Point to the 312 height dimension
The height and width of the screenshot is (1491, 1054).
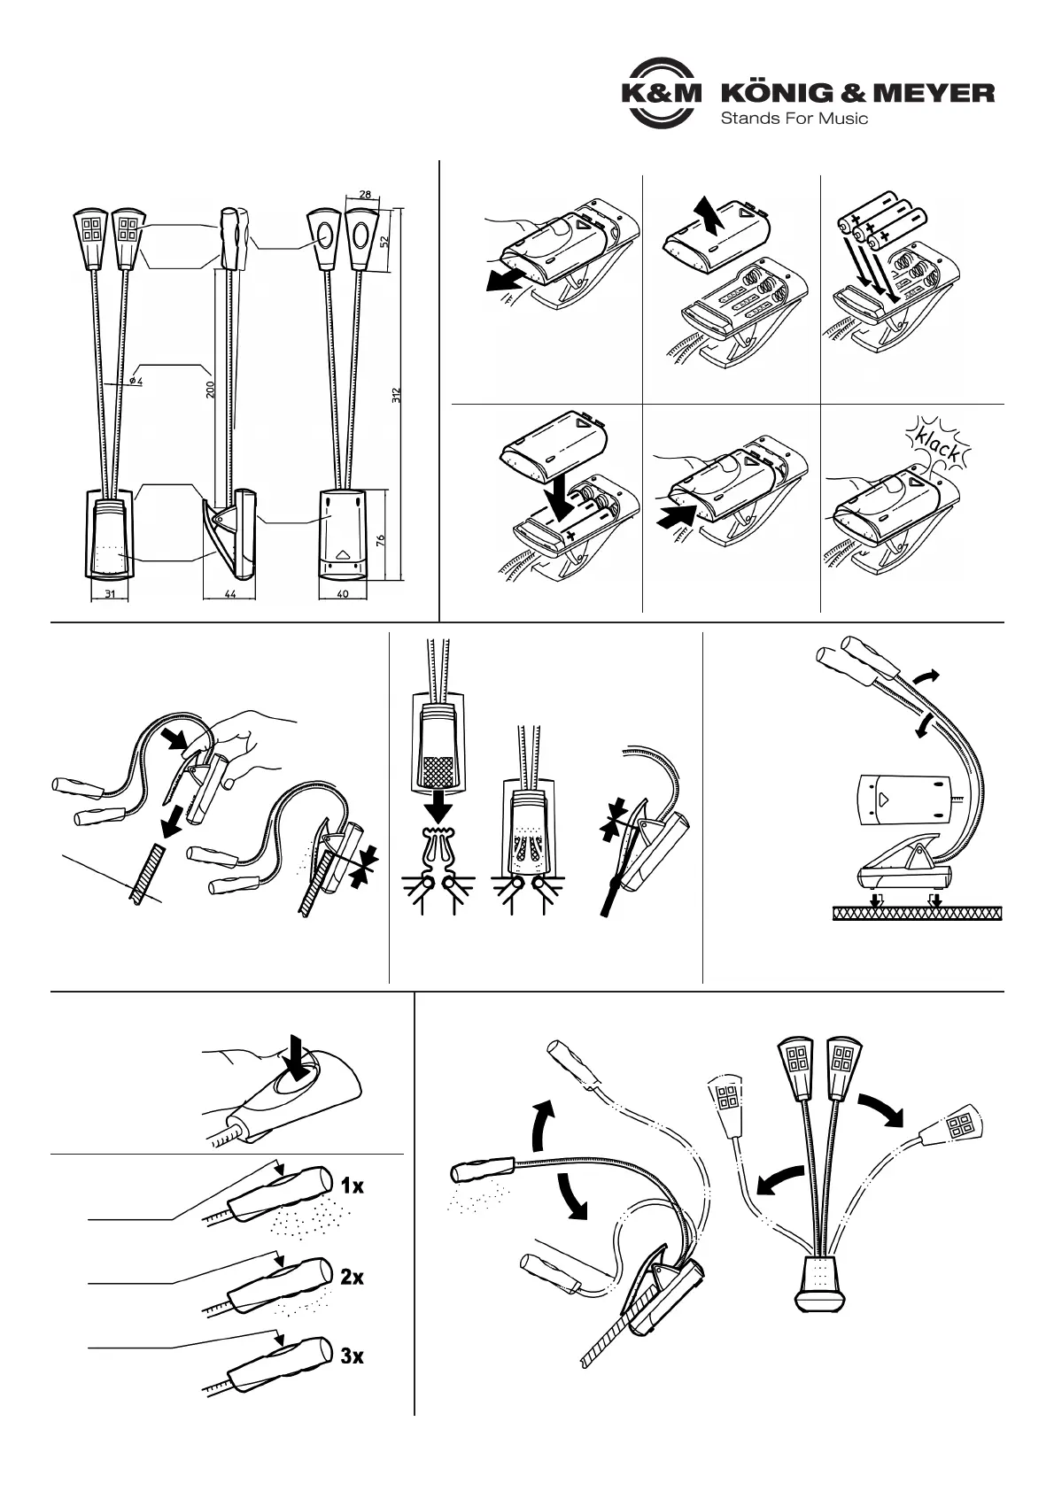(x=397, y=395)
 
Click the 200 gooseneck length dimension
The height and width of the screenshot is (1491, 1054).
(x=211, y=390)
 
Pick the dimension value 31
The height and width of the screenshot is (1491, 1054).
(x=110, y=594)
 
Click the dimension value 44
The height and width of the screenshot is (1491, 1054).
(x=229, y=594)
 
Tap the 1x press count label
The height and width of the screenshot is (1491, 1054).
(x=352, y=1186)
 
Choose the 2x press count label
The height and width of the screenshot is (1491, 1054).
(x=352, y=1277)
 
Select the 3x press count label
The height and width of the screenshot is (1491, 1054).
(x=352, y=1356)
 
